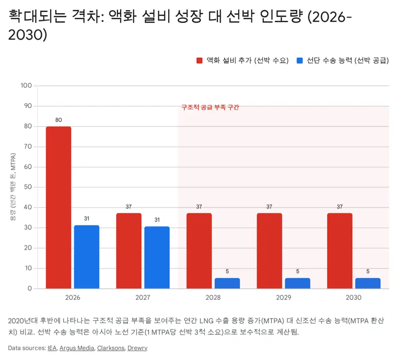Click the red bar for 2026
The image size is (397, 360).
[x=58, y=207]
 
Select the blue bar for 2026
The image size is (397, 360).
[x=87, y=257]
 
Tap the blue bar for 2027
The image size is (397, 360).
[x=157, y=258]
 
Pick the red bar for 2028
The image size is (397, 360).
[x=199, y=251]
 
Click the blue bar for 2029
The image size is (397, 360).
[x=297, y=283]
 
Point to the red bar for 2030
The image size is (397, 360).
[x=340, y=251]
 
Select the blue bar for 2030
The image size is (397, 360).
[x=368, y=283]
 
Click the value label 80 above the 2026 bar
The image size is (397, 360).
[x=58, y=120]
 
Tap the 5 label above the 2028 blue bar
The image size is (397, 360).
[x=227, y=271]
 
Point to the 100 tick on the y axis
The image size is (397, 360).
[x=26, y=86]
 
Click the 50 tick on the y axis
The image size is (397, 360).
[x=28, y=187]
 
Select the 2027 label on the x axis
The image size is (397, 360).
[x=143, y=297]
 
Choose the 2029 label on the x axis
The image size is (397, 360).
[x=283, y=297]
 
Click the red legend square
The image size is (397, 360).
[x=200, y=60]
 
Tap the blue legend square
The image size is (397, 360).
[x=300, y=60]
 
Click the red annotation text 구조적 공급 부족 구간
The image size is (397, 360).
[x=210, y=107]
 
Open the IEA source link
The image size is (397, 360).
[x=52, y=348]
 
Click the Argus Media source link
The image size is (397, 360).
[x=77, y=348]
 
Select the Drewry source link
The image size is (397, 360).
[x=137, y=348]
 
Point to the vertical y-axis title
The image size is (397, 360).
[x=13, y=187]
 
